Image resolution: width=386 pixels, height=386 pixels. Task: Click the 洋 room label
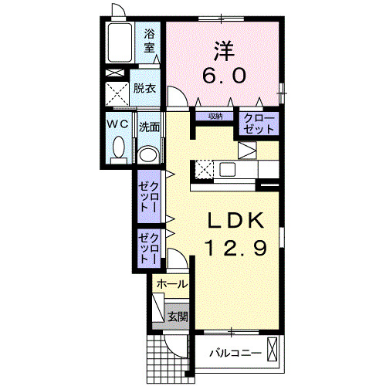(x=223, y=48)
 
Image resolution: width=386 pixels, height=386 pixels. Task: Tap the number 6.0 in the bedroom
(x=223, y=75)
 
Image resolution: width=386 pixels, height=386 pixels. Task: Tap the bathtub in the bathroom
(x=120, y=45)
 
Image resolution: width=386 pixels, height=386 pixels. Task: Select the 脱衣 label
(x=144, y=88)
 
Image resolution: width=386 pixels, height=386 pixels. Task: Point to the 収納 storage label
(x=215, y=117)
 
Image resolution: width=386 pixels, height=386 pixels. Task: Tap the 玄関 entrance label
(x=178, y=316)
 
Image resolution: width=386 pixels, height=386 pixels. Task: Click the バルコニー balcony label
(x=232, y=354)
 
